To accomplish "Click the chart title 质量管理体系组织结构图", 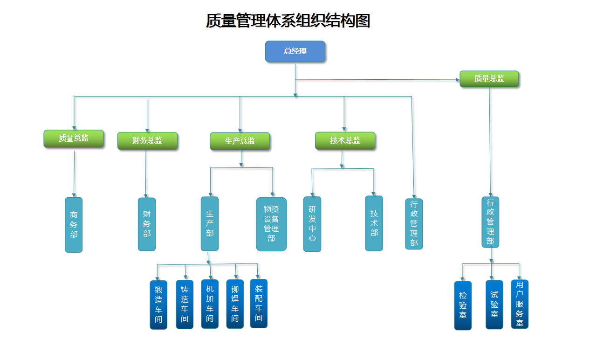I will [x=288, y=21].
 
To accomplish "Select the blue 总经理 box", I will [x=295, y=51].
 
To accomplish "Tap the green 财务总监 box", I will [x=147, y=140].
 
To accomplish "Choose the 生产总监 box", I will [x=240, y=141].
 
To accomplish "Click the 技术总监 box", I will [x=345, y=140].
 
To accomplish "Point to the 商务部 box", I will [x=74, y=225].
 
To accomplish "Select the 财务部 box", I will [x=147, y=224].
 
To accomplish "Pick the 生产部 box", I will [x=210, y=223].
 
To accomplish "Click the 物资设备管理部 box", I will [x=271, y=224].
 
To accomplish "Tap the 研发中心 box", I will [x=312, y=224].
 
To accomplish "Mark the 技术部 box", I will [x=374, y=223].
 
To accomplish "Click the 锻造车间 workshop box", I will [x=158, y=305].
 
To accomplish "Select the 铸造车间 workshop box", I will [x=185, y=304].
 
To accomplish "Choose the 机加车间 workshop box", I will [x=210, y=304].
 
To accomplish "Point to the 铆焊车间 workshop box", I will [x=235, y=304].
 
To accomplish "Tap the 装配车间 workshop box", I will [x=259, y=303].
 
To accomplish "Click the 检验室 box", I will [x=463, y=305].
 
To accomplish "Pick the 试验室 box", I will [x=494, y=304].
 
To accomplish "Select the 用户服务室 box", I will [x=520, y=304].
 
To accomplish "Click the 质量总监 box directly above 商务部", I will [x=74, y=138].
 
